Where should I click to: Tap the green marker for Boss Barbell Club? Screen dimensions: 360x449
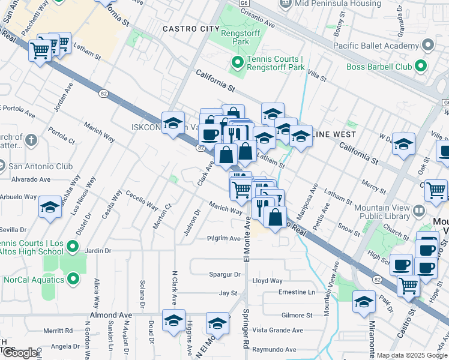421,67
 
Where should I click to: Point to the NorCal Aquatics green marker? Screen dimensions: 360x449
73,279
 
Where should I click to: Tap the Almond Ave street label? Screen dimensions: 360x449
110,315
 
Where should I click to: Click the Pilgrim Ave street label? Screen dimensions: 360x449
224,238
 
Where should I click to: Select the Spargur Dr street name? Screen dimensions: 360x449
224,274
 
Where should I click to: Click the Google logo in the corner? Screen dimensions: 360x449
21,353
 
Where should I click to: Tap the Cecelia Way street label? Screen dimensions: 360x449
142,200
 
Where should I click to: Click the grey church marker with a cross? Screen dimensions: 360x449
31,141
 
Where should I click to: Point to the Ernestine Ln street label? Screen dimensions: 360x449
297,292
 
